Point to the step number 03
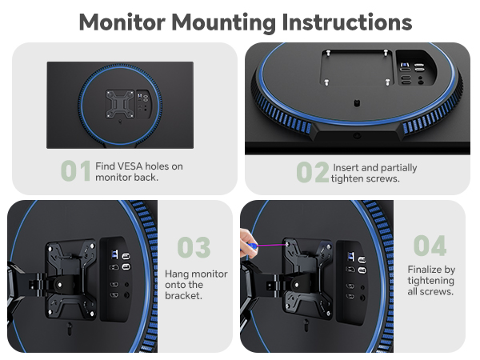[x=194, y=247]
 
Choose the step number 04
[x=430, y=246]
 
